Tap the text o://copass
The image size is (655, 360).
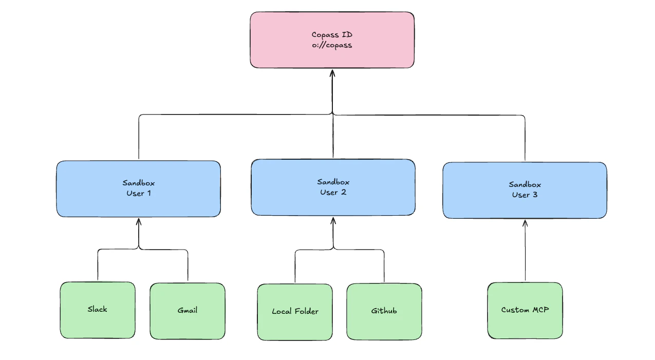point(332,45)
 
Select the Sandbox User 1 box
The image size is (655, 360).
point(138,205)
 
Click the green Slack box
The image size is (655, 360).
point(98,324)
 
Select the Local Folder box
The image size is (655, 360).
point(295,326)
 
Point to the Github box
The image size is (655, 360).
point(384,326)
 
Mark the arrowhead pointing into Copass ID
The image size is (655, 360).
point(332,73)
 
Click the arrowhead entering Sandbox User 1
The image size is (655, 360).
point(138,222)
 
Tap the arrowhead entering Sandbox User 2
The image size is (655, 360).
point(333,221)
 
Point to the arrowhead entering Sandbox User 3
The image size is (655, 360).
point(525,223)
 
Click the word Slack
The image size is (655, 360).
point(98,309)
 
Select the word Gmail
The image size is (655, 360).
point(188,310)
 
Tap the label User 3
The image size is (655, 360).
point(525,195)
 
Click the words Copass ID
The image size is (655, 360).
point(332,35)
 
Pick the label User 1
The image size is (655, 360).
point(138,193)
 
